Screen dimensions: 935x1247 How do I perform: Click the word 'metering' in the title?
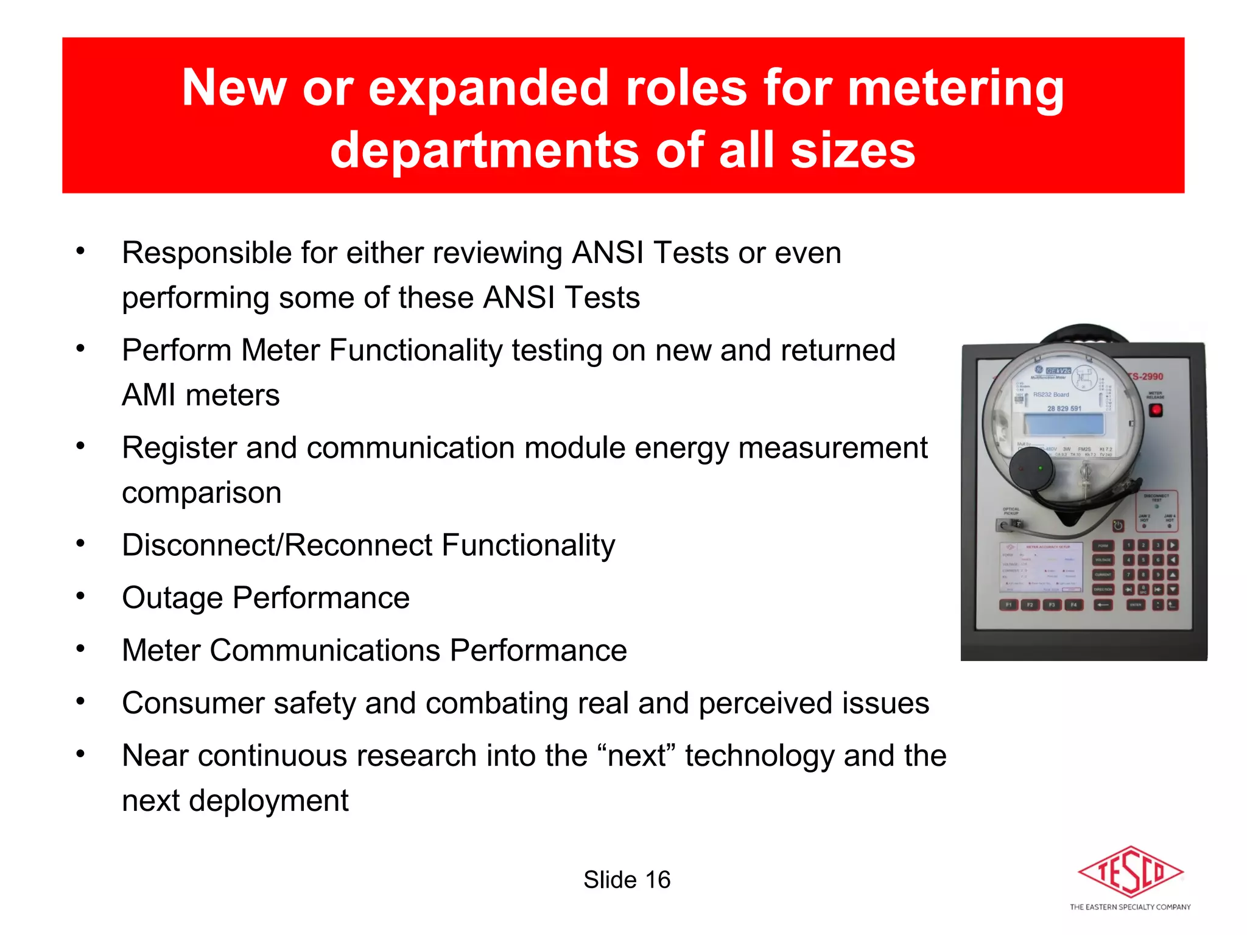click(x=956, y=88)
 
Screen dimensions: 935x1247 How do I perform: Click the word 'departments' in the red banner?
click(x=485, y=151)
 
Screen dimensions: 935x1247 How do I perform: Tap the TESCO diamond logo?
click(x=1131, y=872)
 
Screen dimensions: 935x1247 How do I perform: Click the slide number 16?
click(x=658, y=880)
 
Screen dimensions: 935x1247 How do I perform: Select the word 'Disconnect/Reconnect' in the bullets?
click(x=277, y=545)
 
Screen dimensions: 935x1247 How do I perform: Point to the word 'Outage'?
click(x=172, y=598)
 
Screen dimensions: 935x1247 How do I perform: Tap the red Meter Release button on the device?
click(x=1156, y=410)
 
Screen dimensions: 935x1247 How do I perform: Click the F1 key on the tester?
click(x=1009, y=604)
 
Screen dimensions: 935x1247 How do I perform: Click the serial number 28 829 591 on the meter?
click(x=1064, y=408)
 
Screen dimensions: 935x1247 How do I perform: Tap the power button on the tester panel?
click(x=1119, y=526)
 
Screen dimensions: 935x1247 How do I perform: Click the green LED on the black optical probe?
click(x=1041, y=468)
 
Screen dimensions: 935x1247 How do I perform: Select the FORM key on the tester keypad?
click(x=1103, y=545)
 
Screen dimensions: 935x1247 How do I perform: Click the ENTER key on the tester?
click(x=1136, y=604)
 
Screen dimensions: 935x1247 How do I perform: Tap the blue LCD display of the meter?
click(x=1064, y=424)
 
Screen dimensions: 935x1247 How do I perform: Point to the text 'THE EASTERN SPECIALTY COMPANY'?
click(x=1130, y=907)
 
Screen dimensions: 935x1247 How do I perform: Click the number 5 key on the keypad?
click(x=1143, y=560)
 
